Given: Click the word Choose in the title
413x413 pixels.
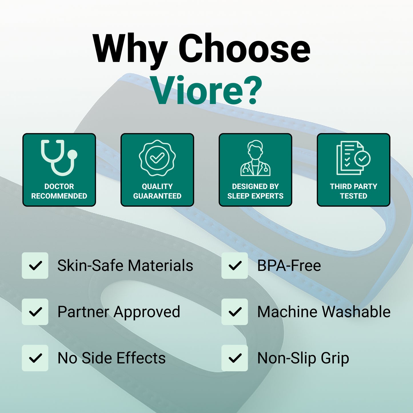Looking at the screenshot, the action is coord(244,48).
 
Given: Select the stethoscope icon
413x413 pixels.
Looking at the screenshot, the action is coord(59,157).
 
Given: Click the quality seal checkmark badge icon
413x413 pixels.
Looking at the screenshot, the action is coord(157,158).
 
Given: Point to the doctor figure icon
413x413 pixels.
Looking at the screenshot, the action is coord(255,158).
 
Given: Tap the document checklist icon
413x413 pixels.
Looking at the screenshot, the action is coord(354,158).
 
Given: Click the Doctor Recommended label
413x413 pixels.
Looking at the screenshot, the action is coord(59,191).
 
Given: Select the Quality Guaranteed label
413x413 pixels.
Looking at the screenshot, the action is coord(157,191).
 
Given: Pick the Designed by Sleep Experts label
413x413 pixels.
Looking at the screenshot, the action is coord(255,191).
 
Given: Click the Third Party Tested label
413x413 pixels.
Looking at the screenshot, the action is coord(354,191).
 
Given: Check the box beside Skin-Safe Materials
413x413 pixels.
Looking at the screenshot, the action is coord(35,266).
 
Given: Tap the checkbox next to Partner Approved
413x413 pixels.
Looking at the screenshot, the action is coord(35,312).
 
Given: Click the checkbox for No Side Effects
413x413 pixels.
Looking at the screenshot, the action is coord(35,358).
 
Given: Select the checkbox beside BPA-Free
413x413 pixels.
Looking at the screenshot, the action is coord(235,266).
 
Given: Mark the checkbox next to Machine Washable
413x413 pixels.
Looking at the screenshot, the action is coord(235,312).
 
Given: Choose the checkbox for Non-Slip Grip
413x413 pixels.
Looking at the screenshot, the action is coord(235,358).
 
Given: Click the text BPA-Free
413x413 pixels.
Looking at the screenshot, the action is coord(289,266).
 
